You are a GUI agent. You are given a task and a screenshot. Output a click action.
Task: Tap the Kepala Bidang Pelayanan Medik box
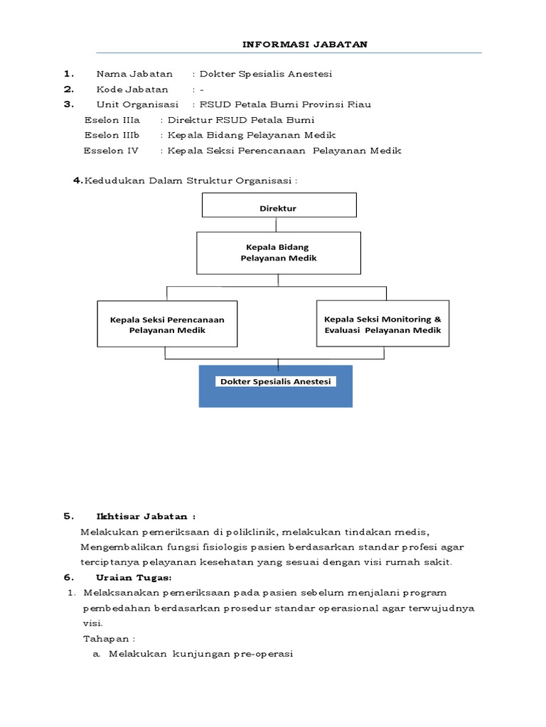coord(278,253)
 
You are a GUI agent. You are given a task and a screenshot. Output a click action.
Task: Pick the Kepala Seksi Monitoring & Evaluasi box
coord(382,324)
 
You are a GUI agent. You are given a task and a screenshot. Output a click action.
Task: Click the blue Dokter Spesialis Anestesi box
coord(276,386)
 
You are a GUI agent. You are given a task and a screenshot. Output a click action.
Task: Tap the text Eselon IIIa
coord(112,120)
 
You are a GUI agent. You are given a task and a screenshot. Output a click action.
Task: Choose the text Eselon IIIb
coord(112,135)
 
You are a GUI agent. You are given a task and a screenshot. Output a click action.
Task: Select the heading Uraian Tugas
coord(141,577)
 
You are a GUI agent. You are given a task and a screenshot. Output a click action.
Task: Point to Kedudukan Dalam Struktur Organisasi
coord(189,180)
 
